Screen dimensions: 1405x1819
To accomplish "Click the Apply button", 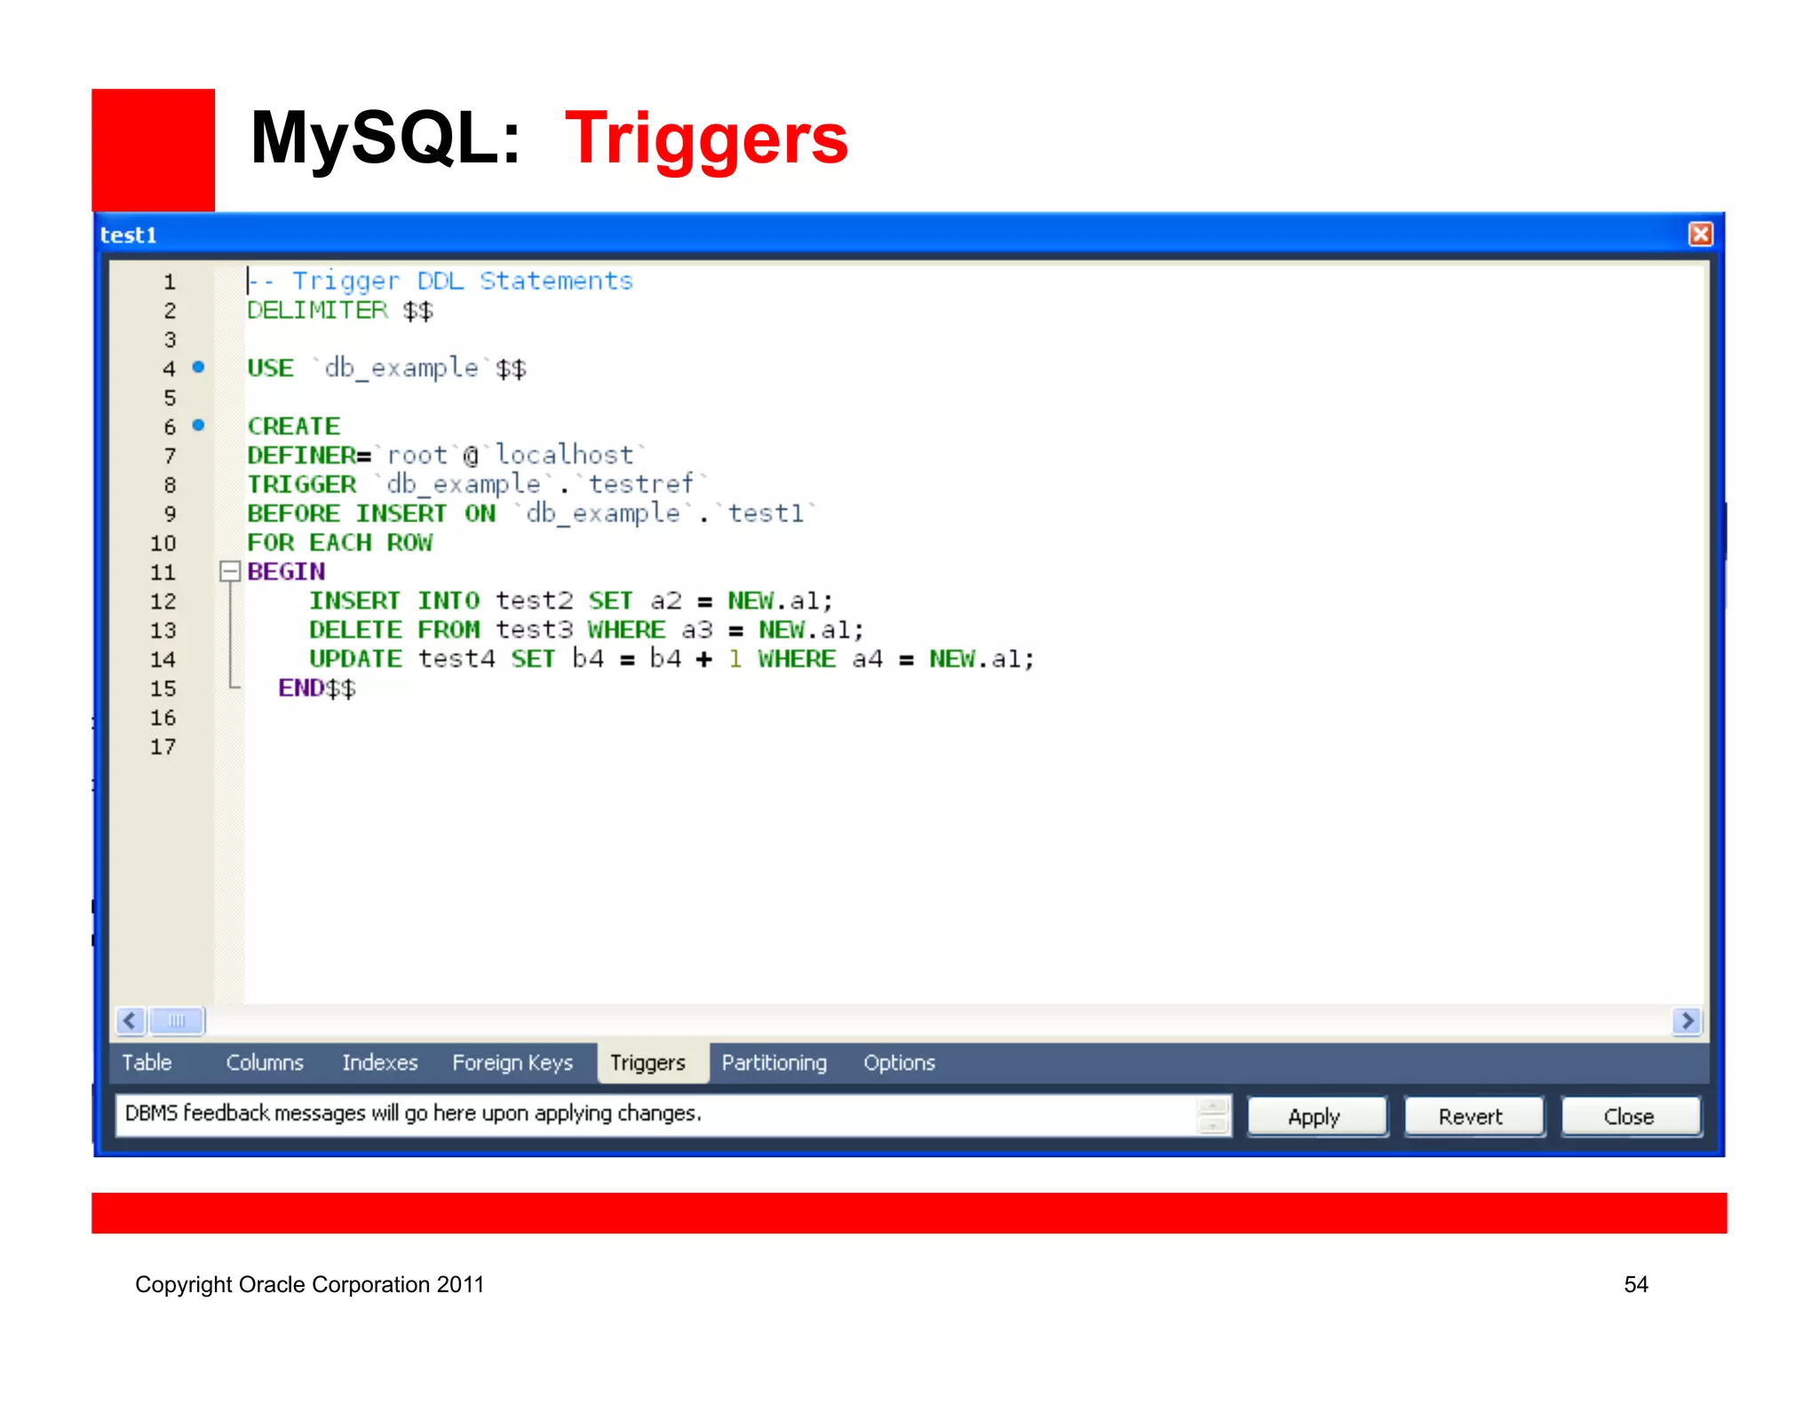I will [x=1316, y=1116].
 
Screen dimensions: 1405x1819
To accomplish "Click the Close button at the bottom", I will [x=1630, y=1116].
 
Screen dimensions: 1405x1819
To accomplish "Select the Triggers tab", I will [x=648, y=1062].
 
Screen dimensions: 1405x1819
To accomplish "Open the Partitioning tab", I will [x=774, y=1062].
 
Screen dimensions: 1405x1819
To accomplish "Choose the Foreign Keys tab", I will [x=512, y=1062].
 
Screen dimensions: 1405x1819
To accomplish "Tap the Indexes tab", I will [x=379, y=1062].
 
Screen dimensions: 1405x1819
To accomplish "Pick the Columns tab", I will [x=265, y=1062].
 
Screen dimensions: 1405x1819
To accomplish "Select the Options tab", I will [x=899, y=1062].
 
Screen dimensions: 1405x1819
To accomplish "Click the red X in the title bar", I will [x=1700, y=234].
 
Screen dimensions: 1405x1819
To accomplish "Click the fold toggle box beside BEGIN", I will [x=230, y=571].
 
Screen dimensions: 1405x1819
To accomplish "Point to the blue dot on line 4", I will [x=199, y=367].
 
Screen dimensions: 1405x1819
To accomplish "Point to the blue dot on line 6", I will [x=199, y=425].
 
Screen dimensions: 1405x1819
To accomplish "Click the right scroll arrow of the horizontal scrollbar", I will [x=1687, y=1020].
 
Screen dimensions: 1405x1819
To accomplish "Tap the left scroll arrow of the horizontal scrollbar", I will [x=131, y=1020].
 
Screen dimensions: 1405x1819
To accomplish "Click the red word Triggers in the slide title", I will [x=706, y=139].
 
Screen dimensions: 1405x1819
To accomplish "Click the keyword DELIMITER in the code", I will [x=317, y=310].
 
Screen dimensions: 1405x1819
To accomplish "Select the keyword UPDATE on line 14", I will [x=355, y=659].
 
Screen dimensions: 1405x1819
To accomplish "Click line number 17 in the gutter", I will [x=163, y=747].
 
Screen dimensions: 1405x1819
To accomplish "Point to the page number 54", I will [x=1635, y=1284].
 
